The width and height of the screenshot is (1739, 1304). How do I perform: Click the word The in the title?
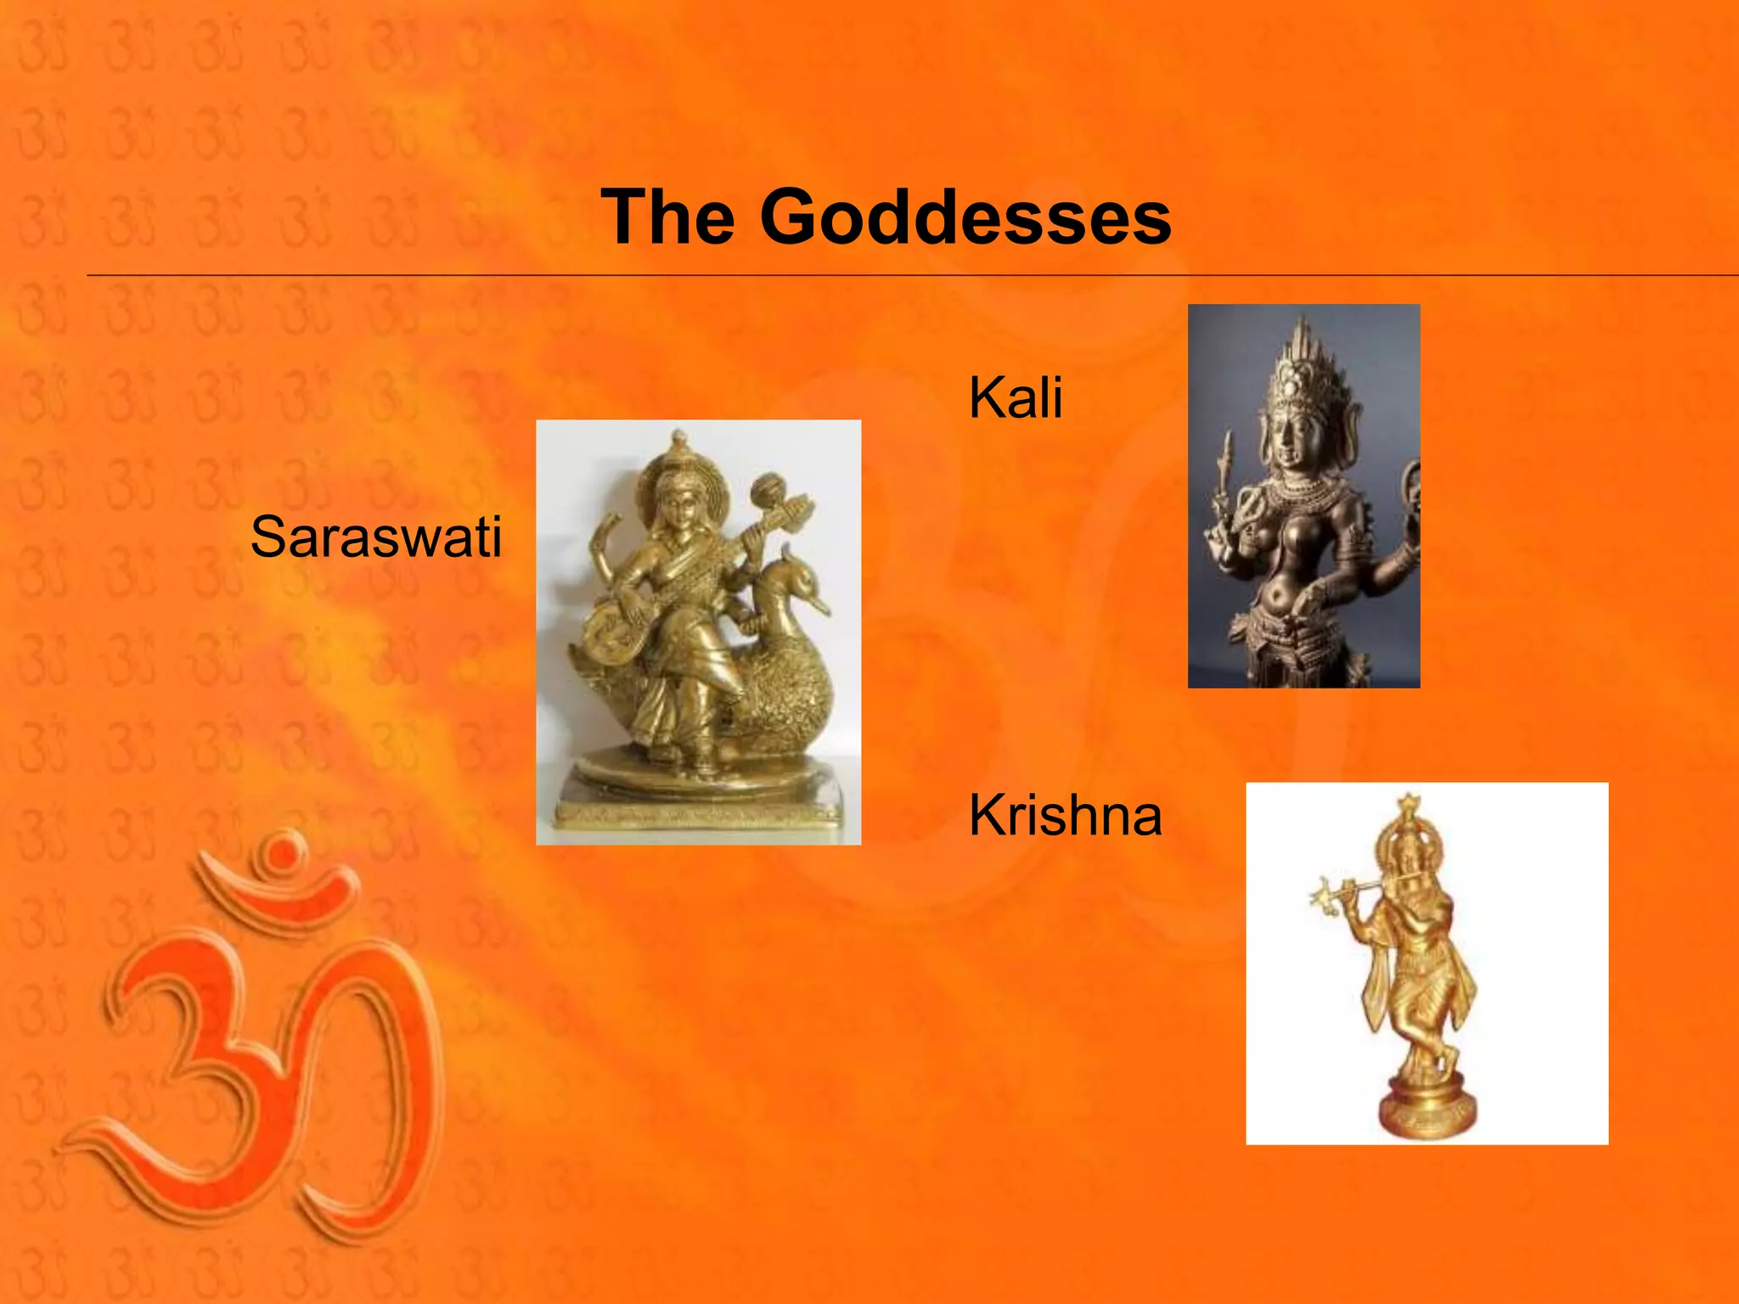pyautogui.click(x=667, y=217)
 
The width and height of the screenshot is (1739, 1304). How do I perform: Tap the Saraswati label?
pyautogui.click(x=376, y=537)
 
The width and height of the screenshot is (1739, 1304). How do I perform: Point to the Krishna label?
pyautogui.click(x=1065, y=815)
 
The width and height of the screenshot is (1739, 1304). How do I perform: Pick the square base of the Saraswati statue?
pyautogui.click(x=698, y=813)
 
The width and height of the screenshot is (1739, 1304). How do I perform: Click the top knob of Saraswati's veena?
pyautogui.click(x=768, y=489)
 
